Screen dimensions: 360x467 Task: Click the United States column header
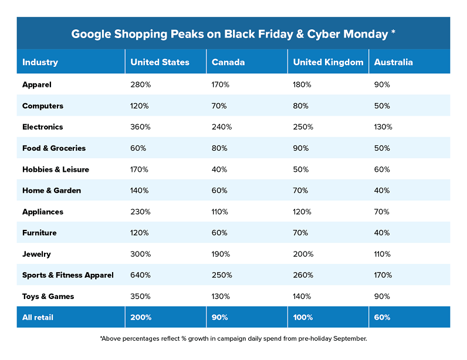point(160,62)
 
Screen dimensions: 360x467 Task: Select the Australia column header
point(393,62)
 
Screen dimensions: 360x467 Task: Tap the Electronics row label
point(42,127)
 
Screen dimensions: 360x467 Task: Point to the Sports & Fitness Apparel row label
point(67,275)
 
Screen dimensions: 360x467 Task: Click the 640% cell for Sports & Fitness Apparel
point(141,275)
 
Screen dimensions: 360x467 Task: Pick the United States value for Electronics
point(141,127)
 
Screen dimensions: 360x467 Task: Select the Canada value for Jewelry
point(221,254)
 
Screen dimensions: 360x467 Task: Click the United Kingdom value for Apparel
point(302,84)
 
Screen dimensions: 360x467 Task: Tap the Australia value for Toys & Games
point(381,296)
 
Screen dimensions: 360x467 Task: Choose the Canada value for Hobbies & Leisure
point(220,169)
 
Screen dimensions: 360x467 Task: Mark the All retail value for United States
point(141,317)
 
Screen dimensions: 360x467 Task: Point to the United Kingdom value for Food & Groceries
point(301,148)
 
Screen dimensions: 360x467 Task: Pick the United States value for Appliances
point(141,212)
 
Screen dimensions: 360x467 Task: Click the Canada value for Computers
point(220,106)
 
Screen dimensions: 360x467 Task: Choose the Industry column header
point(40,62)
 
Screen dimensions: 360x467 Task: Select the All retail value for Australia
point(382,317)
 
